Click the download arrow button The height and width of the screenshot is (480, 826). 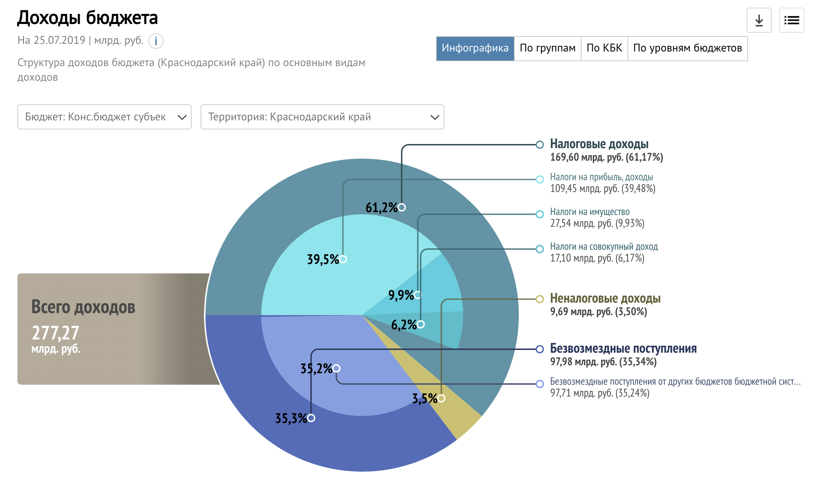[x=759, y=20]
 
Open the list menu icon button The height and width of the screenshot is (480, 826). [x=792, y=20]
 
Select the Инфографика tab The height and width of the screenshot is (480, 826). [x=475, y=48]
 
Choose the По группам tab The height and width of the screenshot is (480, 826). [x=547, y=48]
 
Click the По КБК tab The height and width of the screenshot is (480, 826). [x=604, y=48]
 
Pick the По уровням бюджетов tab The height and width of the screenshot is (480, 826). [x=687, y=48]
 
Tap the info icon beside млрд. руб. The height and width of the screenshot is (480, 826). [x=156, y=41]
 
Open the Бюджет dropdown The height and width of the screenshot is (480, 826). [x=104, y=117]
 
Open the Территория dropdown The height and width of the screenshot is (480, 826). [x=322, y=117]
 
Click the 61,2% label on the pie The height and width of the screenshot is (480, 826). [x=382, y=208]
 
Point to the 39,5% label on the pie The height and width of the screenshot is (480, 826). [x=323, y=259]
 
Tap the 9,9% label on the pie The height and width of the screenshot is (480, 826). [x=401, y=295]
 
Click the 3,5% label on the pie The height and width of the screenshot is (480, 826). [x=425, y=399]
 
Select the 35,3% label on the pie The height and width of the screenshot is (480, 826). [x=291, y=418]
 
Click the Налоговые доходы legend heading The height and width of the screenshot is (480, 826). [x=599, y=144]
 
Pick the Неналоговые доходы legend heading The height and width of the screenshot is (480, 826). [x=605, y=298]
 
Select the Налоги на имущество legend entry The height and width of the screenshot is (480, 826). [x=590, y=212]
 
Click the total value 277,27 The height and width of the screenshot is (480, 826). [x=56, y=333]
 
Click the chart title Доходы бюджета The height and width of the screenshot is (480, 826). [x=88, y=18]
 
